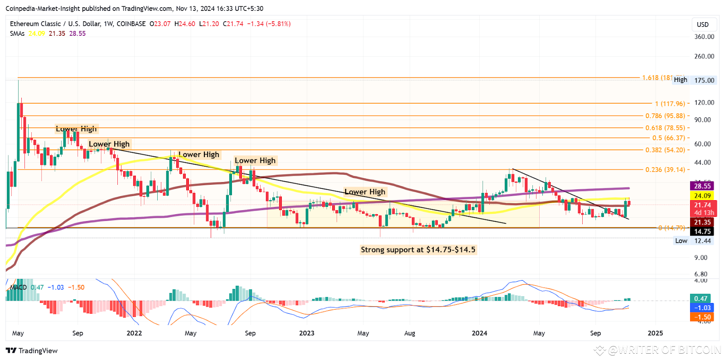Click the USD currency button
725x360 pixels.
click(702, 24)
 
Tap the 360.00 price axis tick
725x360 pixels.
click(704, 37)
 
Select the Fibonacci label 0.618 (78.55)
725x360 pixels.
click(665, 128)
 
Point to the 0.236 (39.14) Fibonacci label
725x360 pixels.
click(665, 170)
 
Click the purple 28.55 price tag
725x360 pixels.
click(702, 186)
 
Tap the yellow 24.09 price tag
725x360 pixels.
click(702, 196)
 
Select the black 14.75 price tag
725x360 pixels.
click(702, 231)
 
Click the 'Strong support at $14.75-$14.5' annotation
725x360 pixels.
click(418, 250)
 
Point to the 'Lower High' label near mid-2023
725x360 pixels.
click(365, 192)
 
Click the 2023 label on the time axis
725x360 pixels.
click(307, 333)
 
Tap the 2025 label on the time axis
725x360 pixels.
click(655, 333)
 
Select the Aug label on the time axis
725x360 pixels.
click(410, 333)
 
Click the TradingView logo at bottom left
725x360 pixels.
click(32, 350)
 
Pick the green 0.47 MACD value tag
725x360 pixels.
click(701, 298)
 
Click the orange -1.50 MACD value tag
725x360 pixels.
click(701, 317)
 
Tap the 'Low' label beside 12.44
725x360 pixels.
click(681, 241)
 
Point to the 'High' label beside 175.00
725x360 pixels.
click(680, 80)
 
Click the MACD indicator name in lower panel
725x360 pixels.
click(19, 288)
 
